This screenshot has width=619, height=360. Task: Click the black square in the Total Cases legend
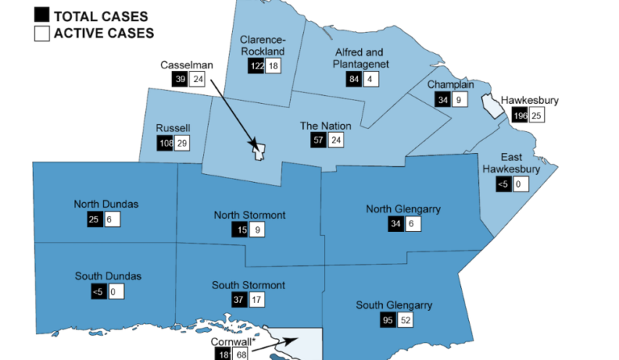(41, 14)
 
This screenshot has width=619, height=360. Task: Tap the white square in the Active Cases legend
(41, 33)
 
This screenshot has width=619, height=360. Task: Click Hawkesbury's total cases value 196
(520, 116)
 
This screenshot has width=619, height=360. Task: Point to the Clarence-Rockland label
(263, 45)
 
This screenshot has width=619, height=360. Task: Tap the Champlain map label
(451, 84)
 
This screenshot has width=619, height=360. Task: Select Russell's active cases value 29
(182, 143)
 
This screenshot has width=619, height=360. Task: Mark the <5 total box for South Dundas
(97, 292)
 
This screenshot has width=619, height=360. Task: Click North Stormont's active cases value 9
(255, 231)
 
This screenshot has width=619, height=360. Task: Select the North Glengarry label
(403, 209)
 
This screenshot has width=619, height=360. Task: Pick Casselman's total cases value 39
(180, 79)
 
